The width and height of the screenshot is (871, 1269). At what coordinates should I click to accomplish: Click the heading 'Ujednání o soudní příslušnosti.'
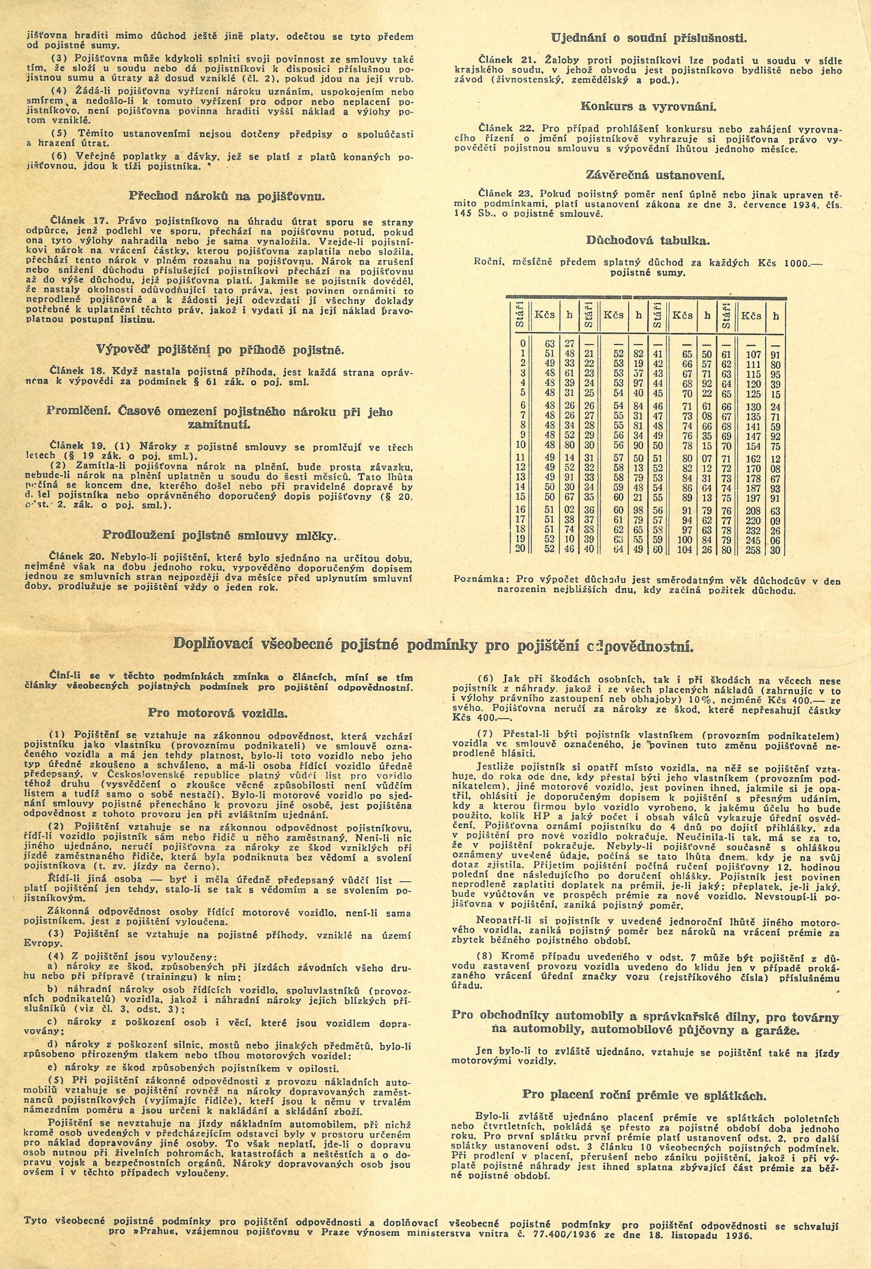click(648, 38)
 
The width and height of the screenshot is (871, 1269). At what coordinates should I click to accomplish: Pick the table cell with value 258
click(753, 549)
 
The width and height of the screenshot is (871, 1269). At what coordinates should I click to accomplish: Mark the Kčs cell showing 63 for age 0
click(549, 343)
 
